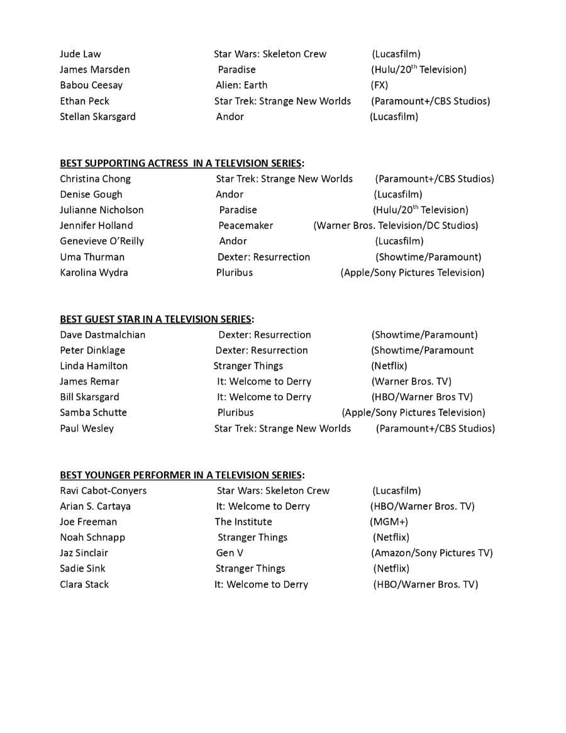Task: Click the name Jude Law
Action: [80, 54]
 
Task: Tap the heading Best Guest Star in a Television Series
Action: [157, 320]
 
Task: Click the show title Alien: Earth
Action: [241, 86]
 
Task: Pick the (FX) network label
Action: [379, 86]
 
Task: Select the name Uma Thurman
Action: [92, 257]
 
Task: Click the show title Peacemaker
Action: [246, 226]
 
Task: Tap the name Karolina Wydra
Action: [94, 273]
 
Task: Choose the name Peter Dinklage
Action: [92, 350]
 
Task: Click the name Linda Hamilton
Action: [94, 366]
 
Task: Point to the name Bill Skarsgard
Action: [89, 398]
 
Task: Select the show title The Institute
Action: [243, 522]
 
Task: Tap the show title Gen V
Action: [230, 554]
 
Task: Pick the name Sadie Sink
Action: [82, 569]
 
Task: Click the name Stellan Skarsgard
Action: [97, 117]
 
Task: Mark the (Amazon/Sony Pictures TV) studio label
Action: [432, 554]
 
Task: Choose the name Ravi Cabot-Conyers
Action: [103, 491]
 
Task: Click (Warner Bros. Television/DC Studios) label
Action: [396, 226]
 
